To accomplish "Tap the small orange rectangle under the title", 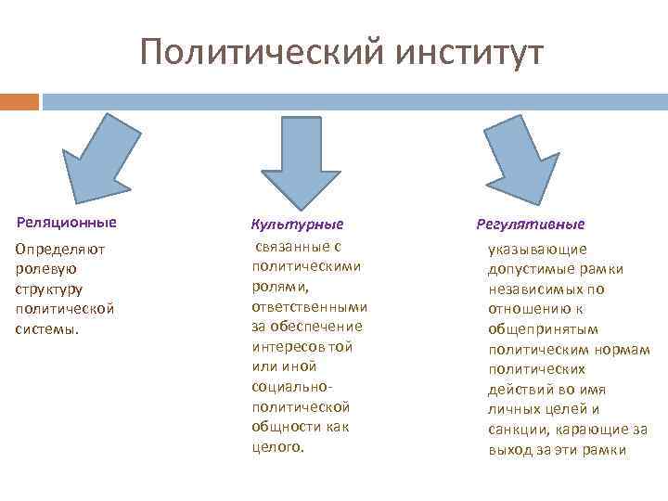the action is tap(19, 101).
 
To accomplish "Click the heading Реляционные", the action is tap(67, 223).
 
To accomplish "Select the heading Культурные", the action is tap(297, 225).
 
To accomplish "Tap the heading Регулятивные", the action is tap(530, 225).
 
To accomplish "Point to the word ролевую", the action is tap(46, 268).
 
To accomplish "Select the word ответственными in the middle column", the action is tap(309, 307).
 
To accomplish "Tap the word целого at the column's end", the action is tap(277, 447).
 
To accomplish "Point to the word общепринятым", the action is tap(543, 328).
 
